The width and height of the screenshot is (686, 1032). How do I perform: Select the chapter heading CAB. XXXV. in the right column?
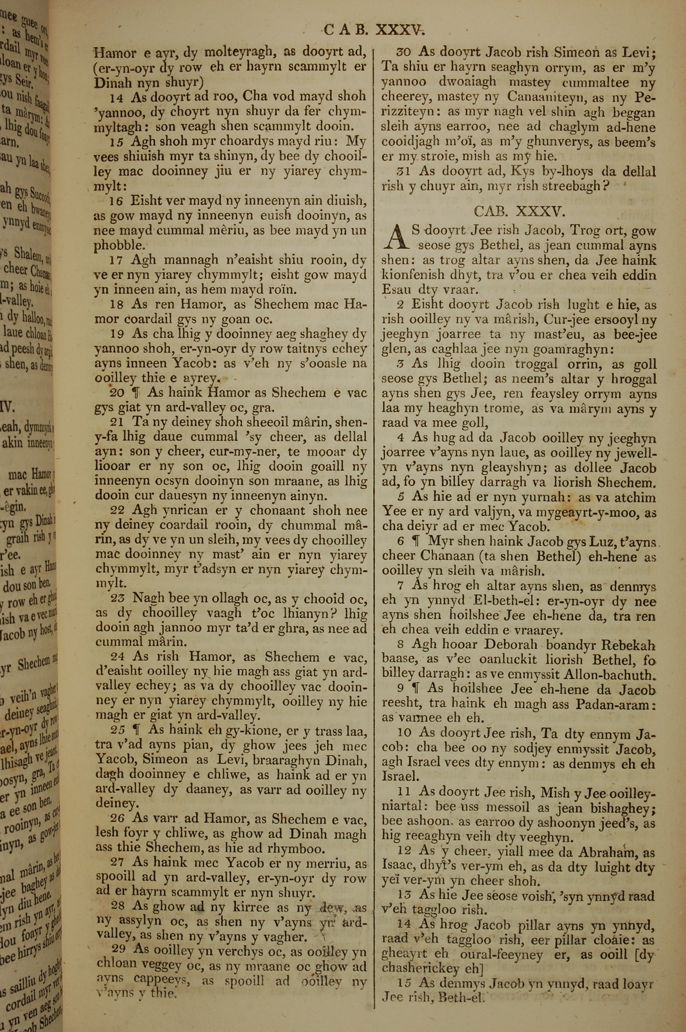pos(519,212)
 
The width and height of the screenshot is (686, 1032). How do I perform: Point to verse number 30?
pos(404,52)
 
